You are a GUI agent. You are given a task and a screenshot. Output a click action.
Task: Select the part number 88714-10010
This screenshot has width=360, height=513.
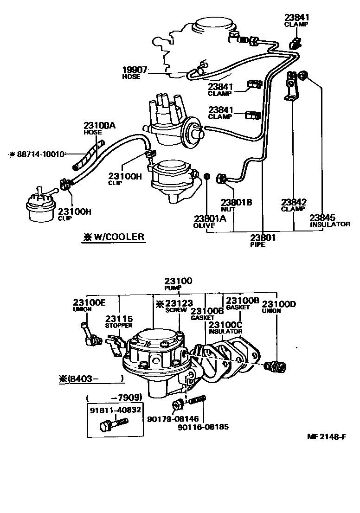[39, 154]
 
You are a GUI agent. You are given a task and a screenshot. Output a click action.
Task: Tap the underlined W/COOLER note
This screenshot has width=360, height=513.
[114, 237]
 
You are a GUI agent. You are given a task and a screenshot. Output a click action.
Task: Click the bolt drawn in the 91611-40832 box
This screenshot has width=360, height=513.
[113, 423]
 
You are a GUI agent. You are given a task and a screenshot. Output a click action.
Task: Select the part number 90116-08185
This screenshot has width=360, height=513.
[203, 427]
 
